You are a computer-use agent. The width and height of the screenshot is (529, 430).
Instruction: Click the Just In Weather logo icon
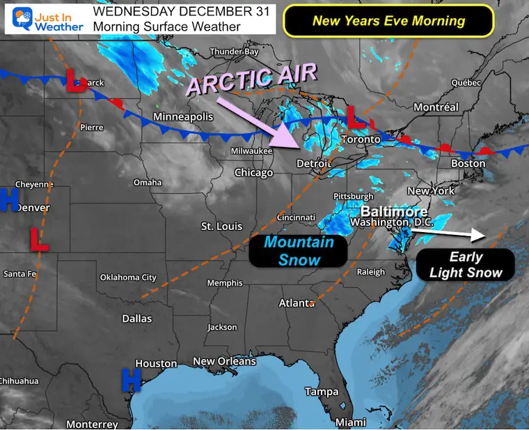[x=22, y=19]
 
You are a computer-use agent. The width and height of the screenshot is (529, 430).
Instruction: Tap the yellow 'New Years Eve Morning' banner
[x=388, y=20]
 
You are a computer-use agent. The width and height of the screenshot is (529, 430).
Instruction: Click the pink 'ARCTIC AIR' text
[x=252, y=78]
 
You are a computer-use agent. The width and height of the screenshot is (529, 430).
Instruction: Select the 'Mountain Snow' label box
[x=299, y=251]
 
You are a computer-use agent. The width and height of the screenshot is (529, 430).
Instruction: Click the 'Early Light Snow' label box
[x=466, y=265]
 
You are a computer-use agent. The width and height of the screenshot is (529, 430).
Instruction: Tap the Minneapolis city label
[x=183, y=116]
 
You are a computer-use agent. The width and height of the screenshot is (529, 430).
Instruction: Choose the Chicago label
[x=253, y=172]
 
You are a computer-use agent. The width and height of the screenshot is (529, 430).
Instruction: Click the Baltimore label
[x=394, y=210]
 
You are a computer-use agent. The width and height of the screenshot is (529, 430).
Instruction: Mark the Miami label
[x=350, y=422]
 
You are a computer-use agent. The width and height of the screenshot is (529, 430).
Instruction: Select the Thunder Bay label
[x=234, y=52]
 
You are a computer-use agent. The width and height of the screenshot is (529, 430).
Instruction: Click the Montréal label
[x=436, y=107]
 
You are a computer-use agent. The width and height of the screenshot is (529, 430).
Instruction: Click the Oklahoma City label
[x=128, y=277]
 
